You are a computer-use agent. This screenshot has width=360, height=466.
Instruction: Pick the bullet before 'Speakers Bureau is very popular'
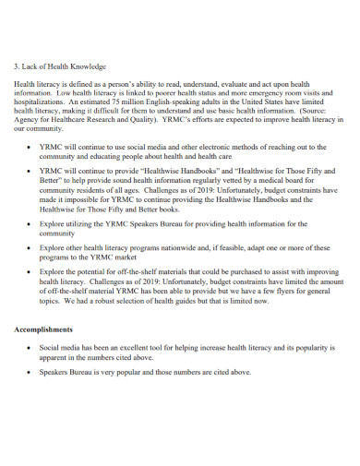pos(33,373)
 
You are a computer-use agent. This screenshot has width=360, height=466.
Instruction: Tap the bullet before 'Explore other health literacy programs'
pos(33,248)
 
